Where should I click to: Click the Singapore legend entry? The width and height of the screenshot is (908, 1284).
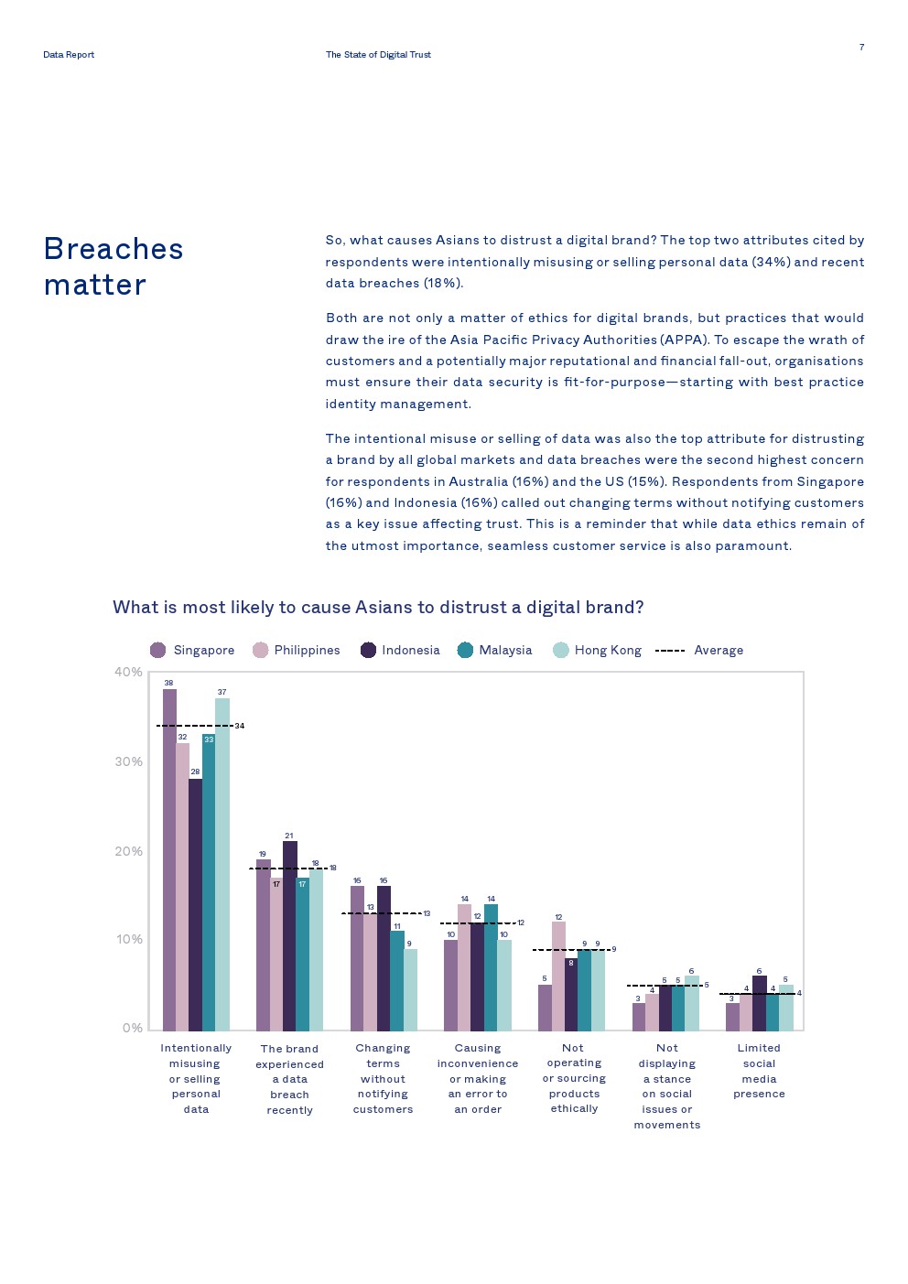click(x=193, y=650)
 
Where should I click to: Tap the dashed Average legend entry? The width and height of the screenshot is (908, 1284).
click(x=699, y=650)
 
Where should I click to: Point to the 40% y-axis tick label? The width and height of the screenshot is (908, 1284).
click(x=128, y=672)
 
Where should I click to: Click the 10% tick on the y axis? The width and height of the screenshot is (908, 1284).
click(x=128, y=939)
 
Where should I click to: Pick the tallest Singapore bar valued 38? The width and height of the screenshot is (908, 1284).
click(x=169, y=860)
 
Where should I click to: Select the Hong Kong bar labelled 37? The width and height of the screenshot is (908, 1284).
click(x=222, y=864)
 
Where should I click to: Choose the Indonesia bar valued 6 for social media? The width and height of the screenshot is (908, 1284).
click(x=759, y=1003)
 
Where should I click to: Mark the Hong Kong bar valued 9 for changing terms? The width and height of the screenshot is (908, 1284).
click(x=410, y=989)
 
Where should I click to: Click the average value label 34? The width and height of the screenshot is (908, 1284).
click(x=240, y=726)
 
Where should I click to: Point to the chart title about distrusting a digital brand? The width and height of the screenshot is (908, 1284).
click(x=378, y=607)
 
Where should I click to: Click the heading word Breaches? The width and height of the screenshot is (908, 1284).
click(x=113, y=249)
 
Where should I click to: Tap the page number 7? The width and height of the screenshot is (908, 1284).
click(x=861, y=47)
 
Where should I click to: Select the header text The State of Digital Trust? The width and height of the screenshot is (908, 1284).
click(x=378, y=55)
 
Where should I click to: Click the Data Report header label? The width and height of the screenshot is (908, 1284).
click(x=69, y=55)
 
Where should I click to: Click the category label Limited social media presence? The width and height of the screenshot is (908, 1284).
click(x=759, y=1071)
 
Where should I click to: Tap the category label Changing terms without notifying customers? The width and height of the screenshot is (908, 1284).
click(x=383, y=1078)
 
